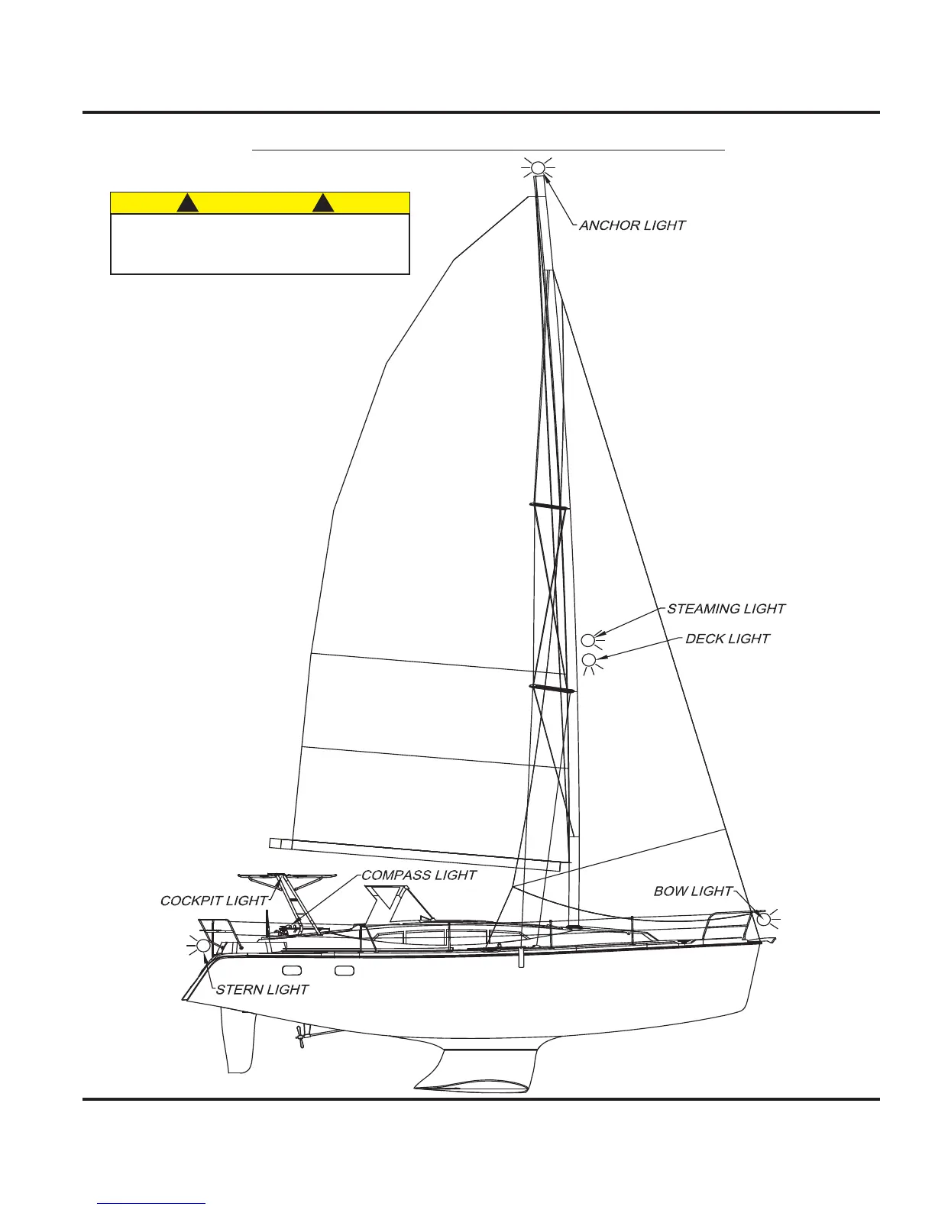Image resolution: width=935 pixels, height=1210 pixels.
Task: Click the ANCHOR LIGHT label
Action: tap(632, 225)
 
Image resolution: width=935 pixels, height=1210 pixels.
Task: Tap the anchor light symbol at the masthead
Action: tap(538, 167)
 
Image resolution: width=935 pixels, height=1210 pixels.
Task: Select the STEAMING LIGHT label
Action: tap(726, 609)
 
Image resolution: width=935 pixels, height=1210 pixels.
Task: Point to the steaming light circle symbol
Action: tap(587, 640)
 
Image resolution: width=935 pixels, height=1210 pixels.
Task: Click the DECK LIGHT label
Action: tap(727, 639)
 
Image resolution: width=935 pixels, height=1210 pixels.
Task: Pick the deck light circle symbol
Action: tap(589, 660)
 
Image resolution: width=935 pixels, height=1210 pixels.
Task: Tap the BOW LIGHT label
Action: tap(693, 891)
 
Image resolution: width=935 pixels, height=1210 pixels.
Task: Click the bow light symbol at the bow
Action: tap(763, 919)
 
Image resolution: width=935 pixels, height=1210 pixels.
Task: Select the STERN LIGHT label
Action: tap(262, 990)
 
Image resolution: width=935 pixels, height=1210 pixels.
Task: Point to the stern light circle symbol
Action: tap(203, 946)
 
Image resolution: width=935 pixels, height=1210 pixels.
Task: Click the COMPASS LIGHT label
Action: tap(419, 875)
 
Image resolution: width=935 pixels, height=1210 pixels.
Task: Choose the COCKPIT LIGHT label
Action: tap(214, 901)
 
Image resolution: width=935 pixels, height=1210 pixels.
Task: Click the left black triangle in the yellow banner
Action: tap(188, 203)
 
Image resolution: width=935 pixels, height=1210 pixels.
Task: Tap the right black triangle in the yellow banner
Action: tap(325, 203)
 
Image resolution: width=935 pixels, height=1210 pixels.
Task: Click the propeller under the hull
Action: tap(300, 1034)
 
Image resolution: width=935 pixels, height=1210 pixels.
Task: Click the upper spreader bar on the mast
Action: tap(549, 506)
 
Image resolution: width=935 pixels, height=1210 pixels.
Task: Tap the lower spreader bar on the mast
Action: tap(552, 689)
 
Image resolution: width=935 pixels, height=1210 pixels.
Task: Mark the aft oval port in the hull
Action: tap(291, 971)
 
